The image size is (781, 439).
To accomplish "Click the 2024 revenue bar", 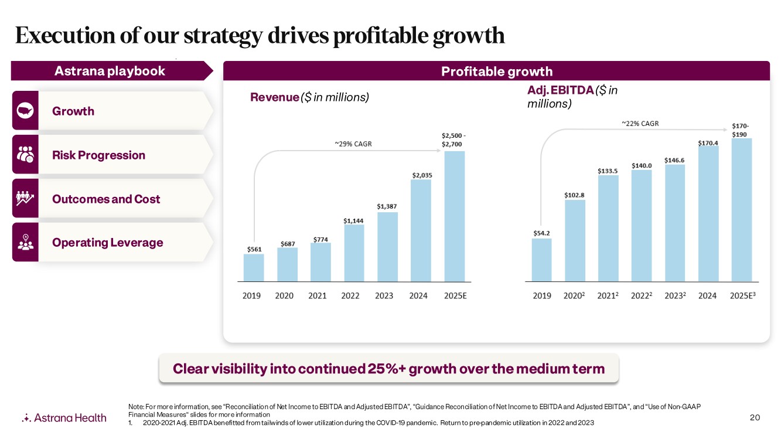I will [421, 230].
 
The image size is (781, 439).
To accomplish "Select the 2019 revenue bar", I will [254, 267].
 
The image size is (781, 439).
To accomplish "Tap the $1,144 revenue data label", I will [353, 220].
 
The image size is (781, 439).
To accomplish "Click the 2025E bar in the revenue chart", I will [454, 216].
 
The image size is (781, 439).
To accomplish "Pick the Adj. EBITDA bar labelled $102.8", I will [575, 240].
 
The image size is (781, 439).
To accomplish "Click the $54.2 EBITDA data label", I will [541, 233].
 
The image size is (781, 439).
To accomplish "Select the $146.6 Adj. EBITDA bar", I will [675, 223].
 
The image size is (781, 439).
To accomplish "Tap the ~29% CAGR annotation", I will [353, 144].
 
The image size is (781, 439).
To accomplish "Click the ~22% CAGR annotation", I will [640, 124].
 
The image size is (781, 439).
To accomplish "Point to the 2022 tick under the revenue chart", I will [350, 296].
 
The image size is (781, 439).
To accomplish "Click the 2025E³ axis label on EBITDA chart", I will [743, 296].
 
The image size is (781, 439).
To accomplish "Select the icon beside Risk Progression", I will [25, 155].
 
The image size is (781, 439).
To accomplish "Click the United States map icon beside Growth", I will [25, 111].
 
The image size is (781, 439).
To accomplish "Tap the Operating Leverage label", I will [108, 243].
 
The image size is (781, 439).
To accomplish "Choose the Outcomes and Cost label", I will [106, 199].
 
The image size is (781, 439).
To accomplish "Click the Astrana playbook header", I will [110, 72].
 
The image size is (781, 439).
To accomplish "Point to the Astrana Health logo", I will [64, 417].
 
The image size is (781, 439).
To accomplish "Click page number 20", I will [755, 417].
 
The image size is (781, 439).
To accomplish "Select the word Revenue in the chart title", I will [274, 97].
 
